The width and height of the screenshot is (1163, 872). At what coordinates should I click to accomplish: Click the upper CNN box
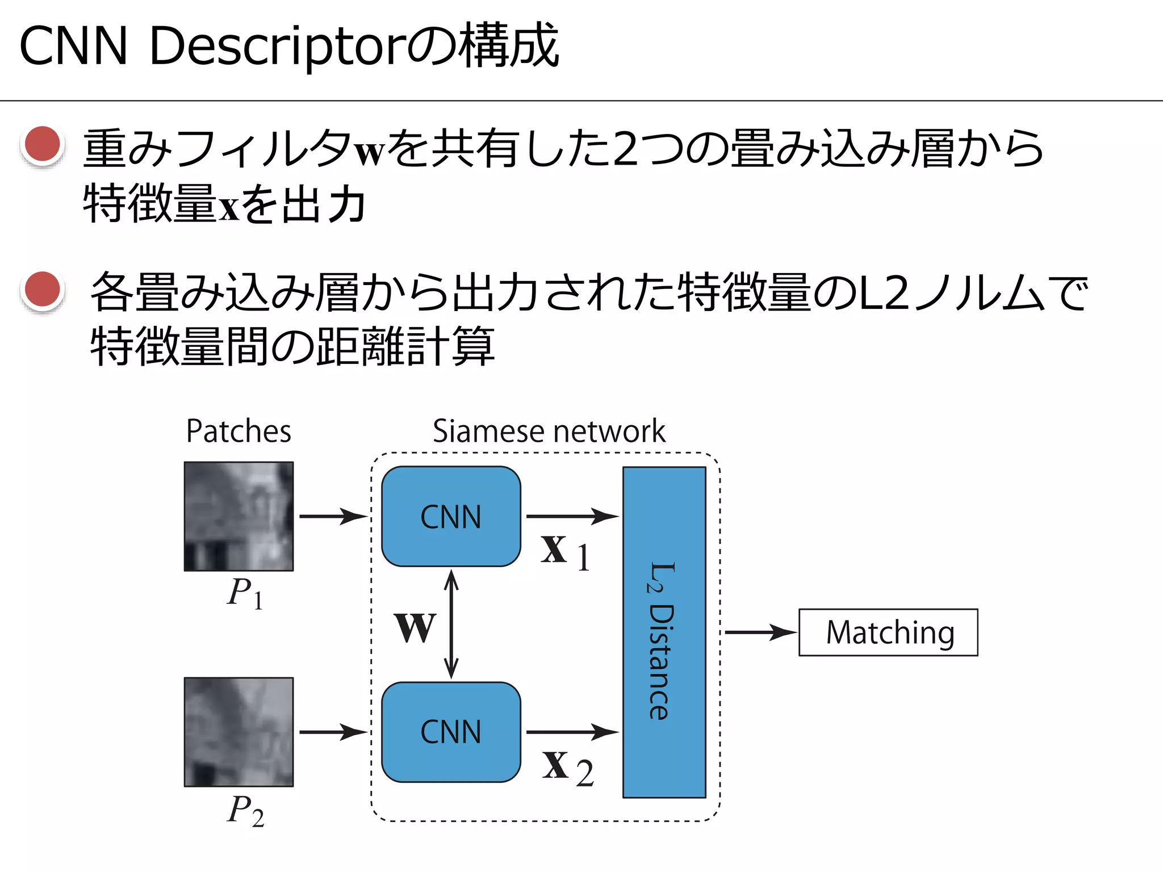tap(451, 517)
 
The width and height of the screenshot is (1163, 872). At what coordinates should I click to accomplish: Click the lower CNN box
tap(451, 732)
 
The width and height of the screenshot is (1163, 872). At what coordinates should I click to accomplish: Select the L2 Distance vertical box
tap(664, 632)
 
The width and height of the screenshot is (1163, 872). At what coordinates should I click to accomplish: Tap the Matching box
tap(888, 632)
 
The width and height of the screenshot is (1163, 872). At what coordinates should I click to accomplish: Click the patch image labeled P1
tap(239, 516)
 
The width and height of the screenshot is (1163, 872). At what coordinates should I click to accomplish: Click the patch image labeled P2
tap(239, 732)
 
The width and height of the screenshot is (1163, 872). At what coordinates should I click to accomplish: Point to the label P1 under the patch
tap(245, 593)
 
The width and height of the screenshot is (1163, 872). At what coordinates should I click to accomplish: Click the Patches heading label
tap(239, 431)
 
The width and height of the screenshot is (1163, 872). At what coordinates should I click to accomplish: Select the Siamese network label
tap(549, 431)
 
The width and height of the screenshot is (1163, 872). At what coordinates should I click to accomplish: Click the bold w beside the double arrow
tap(415, 627)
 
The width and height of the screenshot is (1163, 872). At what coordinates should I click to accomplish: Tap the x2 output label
tap(567, 768)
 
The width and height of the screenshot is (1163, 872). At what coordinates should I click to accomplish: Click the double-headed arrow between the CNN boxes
tap(451, 624)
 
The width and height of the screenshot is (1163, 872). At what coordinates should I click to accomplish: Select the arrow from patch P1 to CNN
tap(333, 516)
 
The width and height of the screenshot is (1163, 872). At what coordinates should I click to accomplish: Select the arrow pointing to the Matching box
tap(760, 632)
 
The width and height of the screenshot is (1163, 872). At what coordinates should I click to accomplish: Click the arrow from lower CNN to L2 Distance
tap(572, 732)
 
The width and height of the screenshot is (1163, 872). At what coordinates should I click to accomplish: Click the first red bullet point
tap(43, 144)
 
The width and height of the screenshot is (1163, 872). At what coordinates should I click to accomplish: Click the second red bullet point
tap(43, 289)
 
